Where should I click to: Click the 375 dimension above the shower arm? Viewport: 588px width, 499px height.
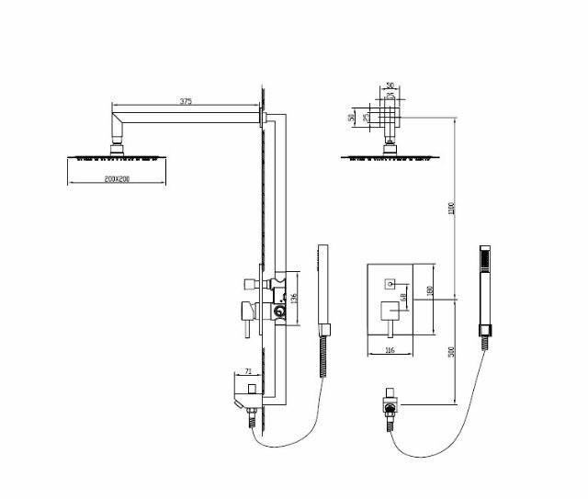pos(186,102)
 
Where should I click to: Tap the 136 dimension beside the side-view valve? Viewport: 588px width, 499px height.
pos(295,298)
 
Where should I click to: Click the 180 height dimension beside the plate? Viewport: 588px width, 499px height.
pos(430,292)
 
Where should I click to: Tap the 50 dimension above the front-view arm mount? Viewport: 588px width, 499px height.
pos(390,85)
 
